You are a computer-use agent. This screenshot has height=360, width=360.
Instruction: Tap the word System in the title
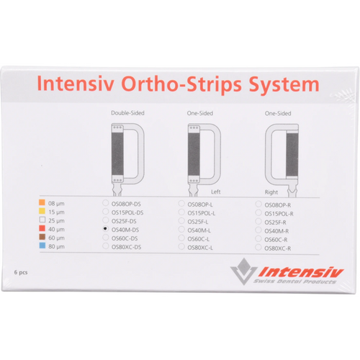point(282,84)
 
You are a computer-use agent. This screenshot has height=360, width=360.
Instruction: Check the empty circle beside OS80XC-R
point(258,247)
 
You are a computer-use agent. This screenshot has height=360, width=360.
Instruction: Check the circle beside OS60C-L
point(181,238)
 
